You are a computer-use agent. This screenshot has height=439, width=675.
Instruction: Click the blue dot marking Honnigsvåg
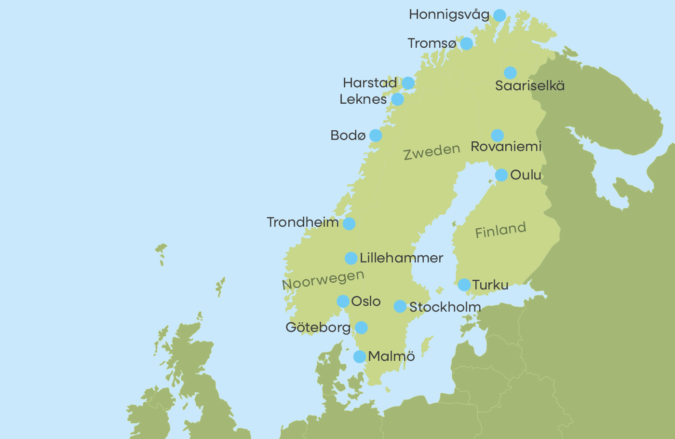click(x=499, y=15)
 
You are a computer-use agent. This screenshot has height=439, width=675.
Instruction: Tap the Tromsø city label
click(x=432, y=43)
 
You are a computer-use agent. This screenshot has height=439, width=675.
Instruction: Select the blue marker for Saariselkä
click(x=510, y=73)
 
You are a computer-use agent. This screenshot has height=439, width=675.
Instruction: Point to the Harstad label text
click(x=370, y=83)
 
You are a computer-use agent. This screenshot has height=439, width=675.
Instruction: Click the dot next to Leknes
click(x=397, y=99)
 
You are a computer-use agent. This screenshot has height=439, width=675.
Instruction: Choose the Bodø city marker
click(x=375, y=136)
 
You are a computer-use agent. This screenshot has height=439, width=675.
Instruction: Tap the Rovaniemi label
click(x=506, y=146)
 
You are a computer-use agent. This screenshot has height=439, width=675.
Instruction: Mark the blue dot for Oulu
click(x=501, y=175)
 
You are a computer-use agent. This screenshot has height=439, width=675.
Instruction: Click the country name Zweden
click(x=432, y=152)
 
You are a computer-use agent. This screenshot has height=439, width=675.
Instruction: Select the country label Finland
click(x=500, y=230)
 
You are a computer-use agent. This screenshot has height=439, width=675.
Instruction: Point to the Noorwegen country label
click(x=323, y=280)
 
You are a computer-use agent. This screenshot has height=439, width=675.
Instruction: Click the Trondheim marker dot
click(x=349, y=224)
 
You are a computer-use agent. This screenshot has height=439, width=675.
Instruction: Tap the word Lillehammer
click(x=401, y=258)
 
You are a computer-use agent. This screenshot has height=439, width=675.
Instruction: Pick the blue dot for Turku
click(x=464, y=285)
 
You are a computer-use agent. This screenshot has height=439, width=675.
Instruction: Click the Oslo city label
click(x=365, y=302)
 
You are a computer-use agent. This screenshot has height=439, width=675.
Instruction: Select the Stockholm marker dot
click(x=400, y=306)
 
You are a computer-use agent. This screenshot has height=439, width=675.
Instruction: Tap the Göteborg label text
click(x=318, y=328)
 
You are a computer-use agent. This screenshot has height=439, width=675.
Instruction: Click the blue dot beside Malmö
click(x=359, y=357)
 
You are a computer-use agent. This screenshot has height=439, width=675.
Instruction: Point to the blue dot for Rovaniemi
click(x=497, y=136)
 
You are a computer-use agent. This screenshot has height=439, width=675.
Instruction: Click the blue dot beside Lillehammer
click(x=351, y=258)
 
